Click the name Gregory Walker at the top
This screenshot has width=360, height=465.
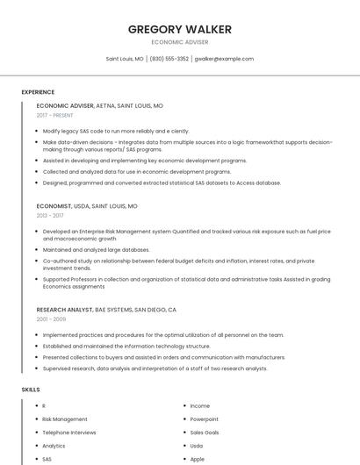point(180,29)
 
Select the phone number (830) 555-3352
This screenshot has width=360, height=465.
point(169,59)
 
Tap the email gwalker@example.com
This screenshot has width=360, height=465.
point(224,59)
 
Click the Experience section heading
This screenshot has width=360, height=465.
point(38,92)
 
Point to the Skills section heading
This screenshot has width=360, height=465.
point(31,389)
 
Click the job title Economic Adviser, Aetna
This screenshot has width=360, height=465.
point(99,105)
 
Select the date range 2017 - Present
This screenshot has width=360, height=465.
point(55,115)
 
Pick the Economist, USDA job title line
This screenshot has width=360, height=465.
point(87,206)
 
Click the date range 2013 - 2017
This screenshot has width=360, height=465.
point(50,215)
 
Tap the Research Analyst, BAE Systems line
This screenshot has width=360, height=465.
point(106,310)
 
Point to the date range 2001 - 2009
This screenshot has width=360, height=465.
point(51,319)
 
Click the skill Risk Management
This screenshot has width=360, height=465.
point(65,419)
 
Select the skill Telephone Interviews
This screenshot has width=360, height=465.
point(69,433)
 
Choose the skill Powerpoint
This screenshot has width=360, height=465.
point(205,419)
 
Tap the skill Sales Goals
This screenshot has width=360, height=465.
point(205,433)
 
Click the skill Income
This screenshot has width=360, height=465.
point(200,406)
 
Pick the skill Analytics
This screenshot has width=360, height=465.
point(54,446)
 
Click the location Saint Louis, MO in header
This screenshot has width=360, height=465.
point(125,59)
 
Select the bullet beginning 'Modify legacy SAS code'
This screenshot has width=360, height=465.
point(116,131)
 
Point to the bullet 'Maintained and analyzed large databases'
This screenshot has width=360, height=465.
point(97,249)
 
